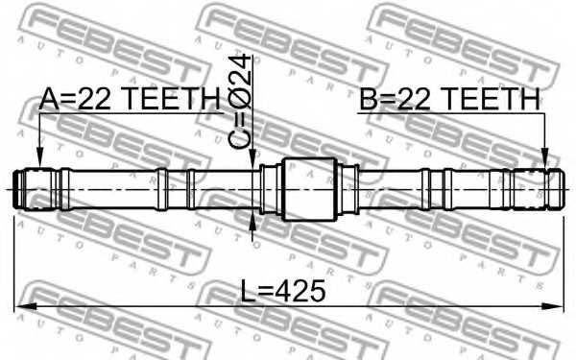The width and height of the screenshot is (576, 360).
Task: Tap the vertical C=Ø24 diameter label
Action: (245, 101)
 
